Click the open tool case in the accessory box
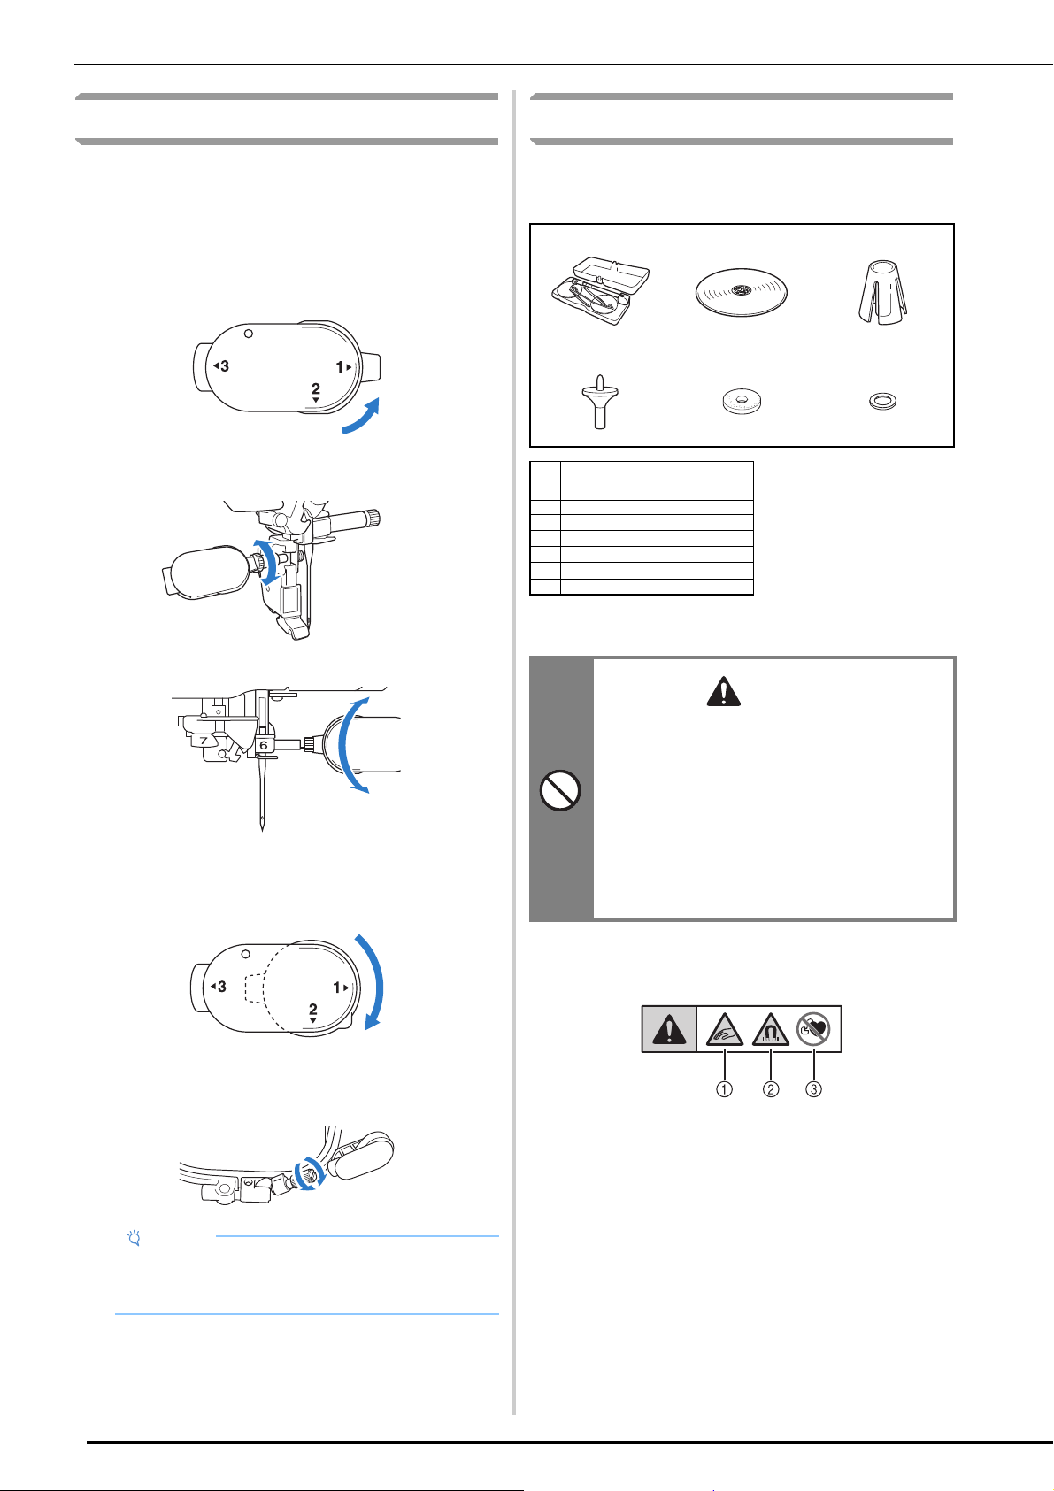[600, 290]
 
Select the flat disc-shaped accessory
[741, 292]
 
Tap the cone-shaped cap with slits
[883, 292]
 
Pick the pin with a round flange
[600, 402]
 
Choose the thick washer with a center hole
[742, 402]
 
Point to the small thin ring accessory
[883, 401]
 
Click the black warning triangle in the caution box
[724, 691]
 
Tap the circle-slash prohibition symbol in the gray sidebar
[560, 790]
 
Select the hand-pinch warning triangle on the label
[725, 1030]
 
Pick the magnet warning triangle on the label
[770, 1030]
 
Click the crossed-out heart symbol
[813, 1029]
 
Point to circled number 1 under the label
[725, 1089]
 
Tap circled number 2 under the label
[770, 1089]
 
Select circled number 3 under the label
[813, 1089]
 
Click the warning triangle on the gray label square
[669, 1029]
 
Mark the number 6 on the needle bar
[264, 745]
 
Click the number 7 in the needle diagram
[204, 740]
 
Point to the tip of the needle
[262, 830]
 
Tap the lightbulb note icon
[134, 1238]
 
